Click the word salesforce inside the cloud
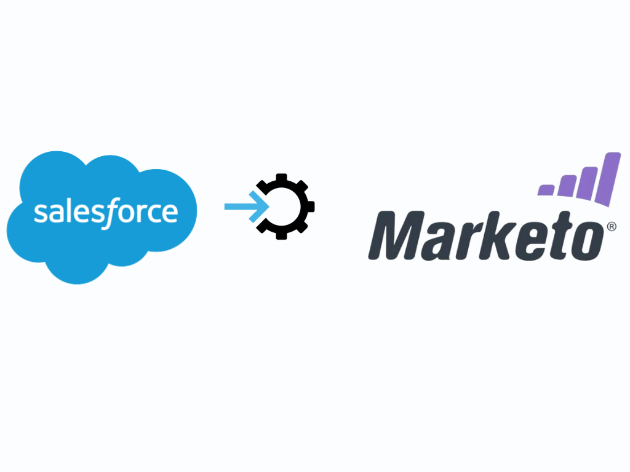(106, 212)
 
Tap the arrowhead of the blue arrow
(259, 206)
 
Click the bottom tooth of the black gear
(282, 235)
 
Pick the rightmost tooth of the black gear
(310, 206)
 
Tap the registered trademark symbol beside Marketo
(612, 227)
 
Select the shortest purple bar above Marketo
(546, 190)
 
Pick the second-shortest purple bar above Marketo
(567, 186)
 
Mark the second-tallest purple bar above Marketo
(587, 183)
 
